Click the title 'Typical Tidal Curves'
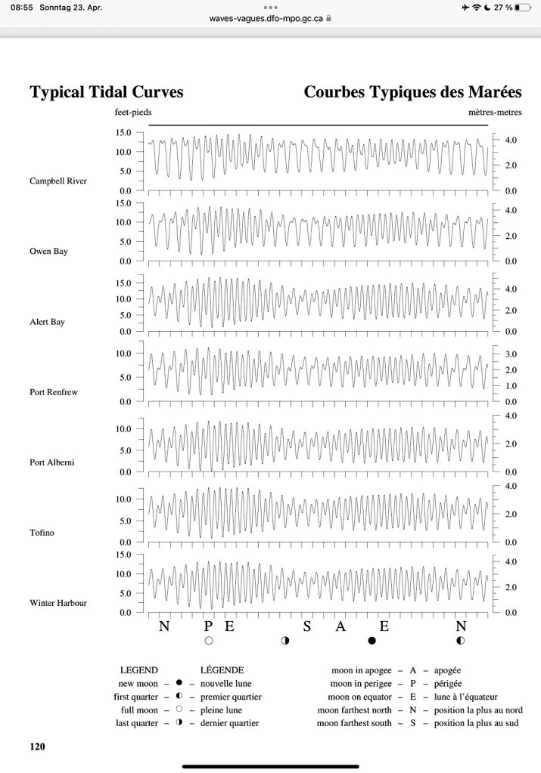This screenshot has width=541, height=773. [106, 92]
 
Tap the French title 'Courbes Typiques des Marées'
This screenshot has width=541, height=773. [412, 92]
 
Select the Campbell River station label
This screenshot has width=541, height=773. [58, 181]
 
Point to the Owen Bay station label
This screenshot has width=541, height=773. [49, 252]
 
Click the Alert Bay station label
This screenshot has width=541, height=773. [47, 322]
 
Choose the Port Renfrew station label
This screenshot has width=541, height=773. [53, 392]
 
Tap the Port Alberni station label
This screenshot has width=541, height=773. [52, 462]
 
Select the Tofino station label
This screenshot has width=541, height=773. [42, 533]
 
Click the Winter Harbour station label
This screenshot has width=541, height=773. [58, 603]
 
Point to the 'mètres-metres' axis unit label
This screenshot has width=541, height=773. [495, 112]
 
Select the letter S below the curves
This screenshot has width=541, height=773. [307, 626]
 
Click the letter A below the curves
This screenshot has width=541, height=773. [340, 626]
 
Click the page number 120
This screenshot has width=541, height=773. [37, 747]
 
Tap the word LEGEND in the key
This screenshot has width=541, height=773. [139, 670]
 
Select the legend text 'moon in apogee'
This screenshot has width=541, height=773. [359, 670]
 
